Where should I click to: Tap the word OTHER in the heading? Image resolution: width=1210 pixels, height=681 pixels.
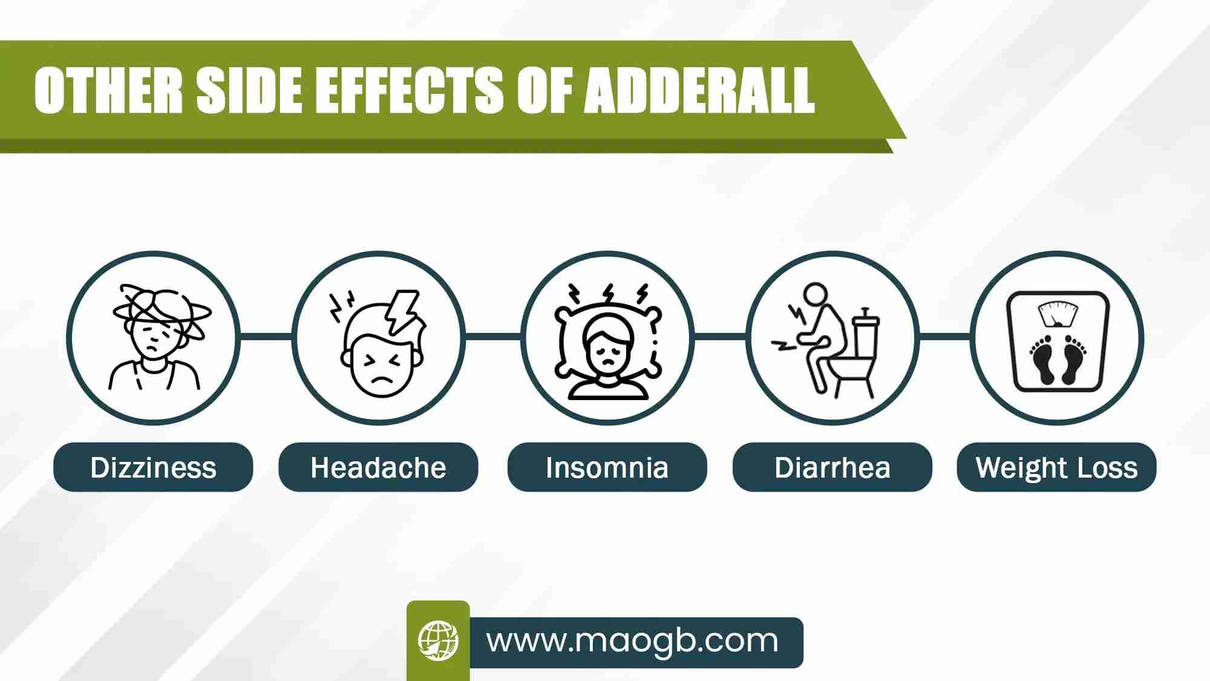[x=108, y=90]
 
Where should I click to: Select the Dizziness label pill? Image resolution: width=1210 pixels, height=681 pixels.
[x=153, y=467]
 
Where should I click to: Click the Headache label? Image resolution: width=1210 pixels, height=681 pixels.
[x=378, y=467]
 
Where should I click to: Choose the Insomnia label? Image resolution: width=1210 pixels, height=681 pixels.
[x=607, y=467]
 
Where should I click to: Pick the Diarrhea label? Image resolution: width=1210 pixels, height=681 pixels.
[x=832, y=467]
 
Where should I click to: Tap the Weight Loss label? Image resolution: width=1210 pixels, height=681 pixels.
[x=1056, y=467]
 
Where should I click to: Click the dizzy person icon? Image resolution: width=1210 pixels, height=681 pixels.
[x=159, y=337]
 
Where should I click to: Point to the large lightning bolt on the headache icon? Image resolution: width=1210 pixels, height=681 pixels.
[x=401, y=312]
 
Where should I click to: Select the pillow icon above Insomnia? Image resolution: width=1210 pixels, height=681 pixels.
[x=608, y=341]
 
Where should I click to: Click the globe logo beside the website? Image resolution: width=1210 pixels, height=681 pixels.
[x=438, y=640]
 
